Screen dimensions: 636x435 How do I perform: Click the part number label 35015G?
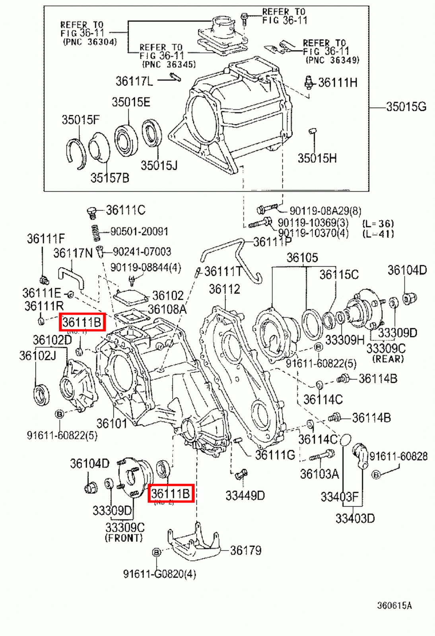point(406,107)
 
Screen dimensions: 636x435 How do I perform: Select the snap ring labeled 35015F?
point(75,153)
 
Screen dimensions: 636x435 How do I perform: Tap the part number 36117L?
point(134,81)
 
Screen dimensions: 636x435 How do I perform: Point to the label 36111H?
point(338,83)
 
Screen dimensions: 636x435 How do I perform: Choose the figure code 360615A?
point(394,605)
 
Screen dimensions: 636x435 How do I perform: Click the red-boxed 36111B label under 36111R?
point(82,322)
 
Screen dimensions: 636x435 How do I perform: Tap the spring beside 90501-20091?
point(95,233)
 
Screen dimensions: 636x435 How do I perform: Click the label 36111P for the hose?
point(272,242)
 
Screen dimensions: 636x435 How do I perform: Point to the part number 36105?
point(302,258)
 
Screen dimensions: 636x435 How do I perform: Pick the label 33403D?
point(355,518)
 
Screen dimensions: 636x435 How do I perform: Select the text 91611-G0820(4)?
point(159,574)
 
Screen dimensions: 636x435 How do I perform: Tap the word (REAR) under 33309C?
point(388,359)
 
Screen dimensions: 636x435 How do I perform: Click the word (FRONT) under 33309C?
point(124,538)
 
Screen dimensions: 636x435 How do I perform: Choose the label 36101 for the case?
point(111,423)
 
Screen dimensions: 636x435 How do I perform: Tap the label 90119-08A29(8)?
point(325,211)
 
